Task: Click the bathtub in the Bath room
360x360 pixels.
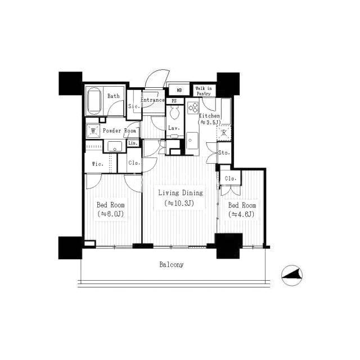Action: (x=94, y=101)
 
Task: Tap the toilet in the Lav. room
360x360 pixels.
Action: (x=174, y=112)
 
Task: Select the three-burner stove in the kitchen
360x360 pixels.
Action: (x=193, y=107)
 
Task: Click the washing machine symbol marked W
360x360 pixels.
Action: (x=93, y=131)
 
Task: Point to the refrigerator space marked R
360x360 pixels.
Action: (x=224, y=133)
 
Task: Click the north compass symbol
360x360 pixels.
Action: (x=292, y=275)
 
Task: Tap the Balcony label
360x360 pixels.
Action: (x=172, y=265)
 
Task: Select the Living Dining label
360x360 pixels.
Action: (x=181, y=192)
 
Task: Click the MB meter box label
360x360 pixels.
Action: (x=179, y=90)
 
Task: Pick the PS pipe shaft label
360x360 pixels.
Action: (x=174, y=101)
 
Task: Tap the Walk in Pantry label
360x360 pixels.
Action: (x=204, y=91)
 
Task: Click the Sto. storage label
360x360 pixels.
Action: (x=224, y=152)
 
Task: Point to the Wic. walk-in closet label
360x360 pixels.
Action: (x=97, y=164)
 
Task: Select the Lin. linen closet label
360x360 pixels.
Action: (x=133, y=143)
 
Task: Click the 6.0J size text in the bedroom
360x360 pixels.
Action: (x=111, y=214)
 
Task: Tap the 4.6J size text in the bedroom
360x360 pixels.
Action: (x=241, y=214)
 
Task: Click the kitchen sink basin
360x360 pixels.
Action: (x=192, y=141)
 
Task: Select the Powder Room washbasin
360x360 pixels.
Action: (x=115, y=146)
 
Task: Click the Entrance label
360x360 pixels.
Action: (x=152, y=100)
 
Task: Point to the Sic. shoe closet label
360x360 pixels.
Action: (x=134, y=106)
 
